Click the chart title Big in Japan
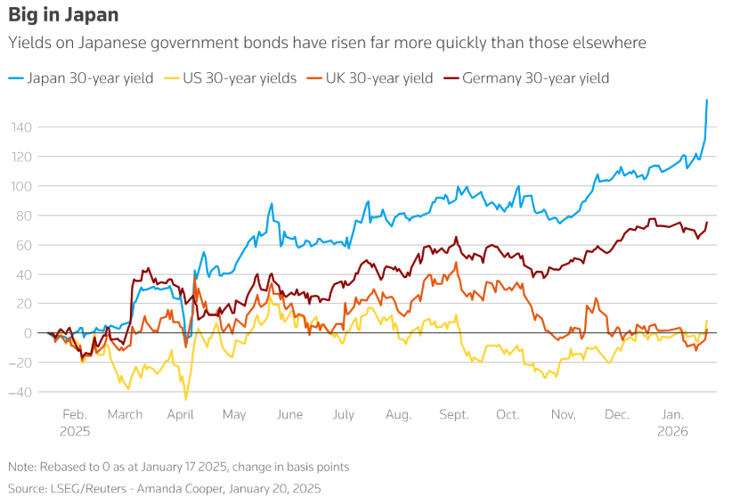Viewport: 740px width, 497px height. coord(63,16)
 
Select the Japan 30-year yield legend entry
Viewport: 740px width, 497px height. coord(90,78)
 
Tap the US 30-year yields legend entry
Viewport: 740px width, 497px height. coord(240,78)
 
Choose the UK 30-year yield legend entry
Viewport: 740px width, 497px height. coord(377,78)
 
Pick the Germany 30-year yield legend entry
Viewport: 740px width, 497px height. coord(535,78)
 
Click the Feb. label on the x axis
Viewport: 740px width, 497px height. coord(75,415)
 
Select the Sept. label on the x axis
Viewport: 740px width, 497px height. coord(454,415)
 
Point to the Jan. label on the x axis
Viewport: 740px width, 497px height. coord(673,415)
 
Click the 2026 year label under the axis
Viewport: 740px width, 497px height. coord(672,430)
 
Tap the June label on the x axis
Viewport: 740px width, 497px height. coord(290,415)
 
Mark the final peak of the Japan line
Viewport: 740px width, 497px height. coord(707,100)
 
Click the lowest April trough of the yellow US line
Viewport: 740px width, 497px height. coord(186,399)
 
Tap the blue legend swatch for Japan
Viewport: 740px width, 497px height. coord(16,78)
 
